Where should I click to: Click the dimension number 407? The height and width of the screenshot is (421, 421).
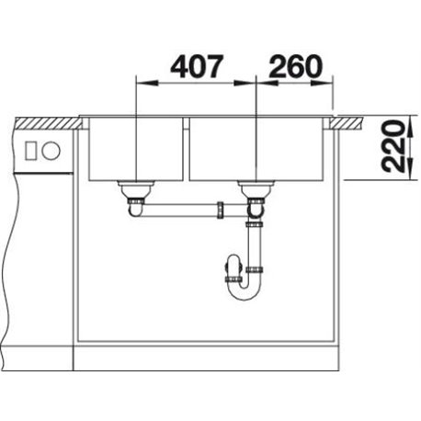coord(197,66)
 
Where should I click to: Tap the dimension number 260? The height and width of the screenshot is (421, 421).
coord(296,66)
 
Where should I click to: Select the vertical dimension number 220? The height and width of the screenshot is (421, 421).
coord(393,145)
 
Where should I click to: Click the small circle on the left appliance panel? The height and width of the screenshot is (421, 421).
coord(51,151)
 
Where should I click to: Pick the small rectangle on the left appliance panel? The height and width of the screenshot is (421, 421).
coord(31,151)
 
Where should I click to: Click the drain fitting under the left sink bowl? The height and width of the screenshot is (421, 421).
coord(135,189)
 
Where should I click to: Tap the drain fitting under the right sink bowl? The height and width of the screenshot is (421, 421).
coord(256,189)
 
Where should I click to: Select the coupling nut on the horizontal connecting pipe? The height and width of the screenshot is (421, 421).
coord(221,210)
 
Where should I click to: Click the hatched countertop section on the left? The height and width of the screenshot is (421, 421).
coord(48,122)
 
